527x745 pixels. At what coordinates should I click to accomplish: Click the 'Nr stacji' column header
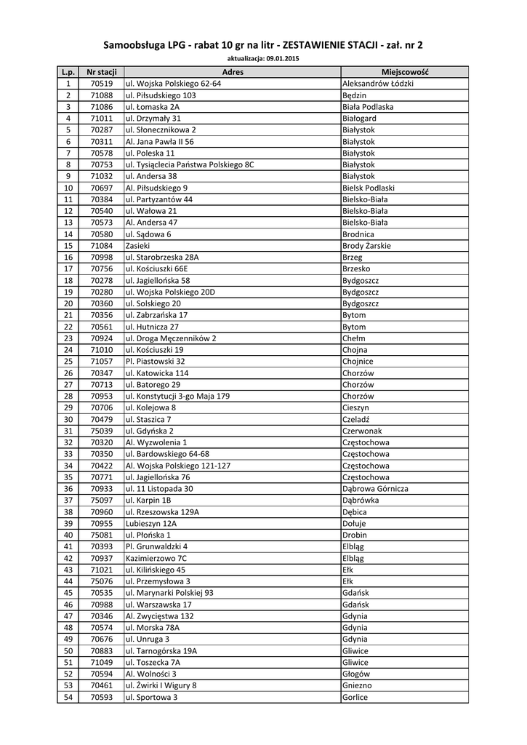pyautogui.click(x=102, y=72)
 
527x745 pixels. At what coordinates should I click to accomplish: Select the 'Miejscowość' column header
pyautogui.click(x=405, y=72)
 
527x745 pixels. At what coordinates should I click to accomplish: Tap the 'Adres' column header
pyautogui.click(x=233, y=72)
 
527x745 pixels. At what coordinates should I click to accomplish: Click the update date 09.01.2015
pyautogui.click(x=282, y=57)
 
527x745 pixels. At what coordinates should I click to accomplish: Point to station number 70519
pyautogui.click(x=102, y=84)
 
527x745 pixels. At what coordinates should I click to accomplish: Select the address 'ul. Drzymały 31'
pyautogui.click(x=153, y=119)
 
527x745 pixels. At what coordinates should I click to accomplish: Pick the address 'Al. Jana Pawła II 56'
pyautogui.click(x=160, y=142)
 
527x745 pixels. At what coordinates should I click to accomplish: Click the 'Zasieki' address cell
pyautogui.click(x=138, y=246)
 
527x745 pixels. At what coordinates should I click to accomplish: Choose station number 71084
pyautogui.click(x=102, y=246)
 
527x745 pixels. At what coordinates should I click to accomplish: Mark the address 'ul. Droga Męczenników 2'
pyautogui.click(x=171, y=338)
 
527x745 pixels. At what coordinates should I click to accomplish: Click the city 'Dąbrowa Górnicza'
pyautogui.click(x=375, y=489)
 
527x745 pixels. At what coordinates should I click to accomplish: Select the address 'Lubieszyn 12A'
pyautogui.click(x=151, y=523)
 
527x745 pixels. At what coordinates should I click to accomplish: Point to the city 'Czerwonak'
pyautogui.click(x=362, y=431)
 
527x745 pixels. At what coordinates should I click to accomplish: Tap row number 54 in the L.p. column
pyautogui.click(x=68, y=697)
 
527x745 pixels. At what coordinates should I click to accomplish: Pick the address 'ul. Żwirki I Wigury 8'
pyautogui.click(x=161, y=685)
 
